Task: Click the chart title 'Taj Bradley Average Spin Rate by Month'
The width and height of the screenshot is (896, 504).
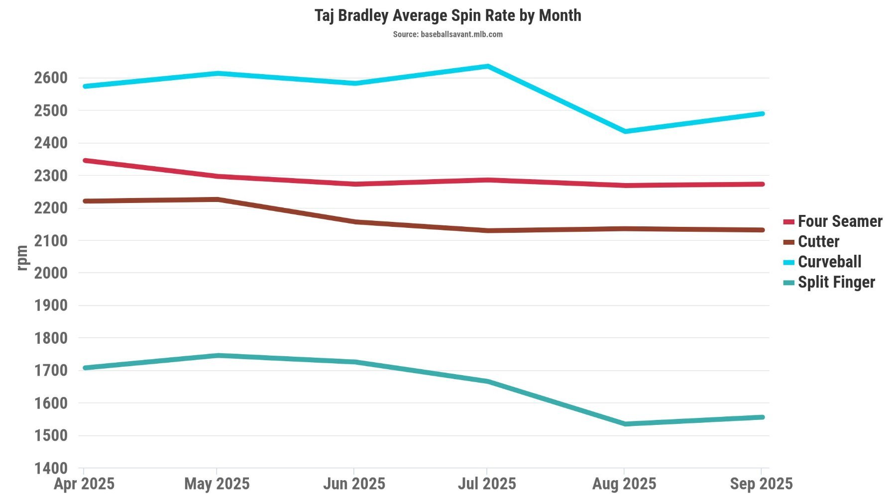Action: click(448, 15)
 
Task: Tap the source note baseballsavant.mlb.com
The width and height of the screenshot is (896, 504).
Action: click(448, 34)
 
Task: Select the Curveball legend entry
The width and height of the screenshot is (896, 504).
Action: click(829, 262)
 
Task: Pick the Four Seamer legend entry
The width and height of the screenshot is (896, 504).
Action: click(839, 221)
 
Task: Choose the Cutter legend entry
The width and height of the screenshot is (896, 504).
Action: click(818, 241)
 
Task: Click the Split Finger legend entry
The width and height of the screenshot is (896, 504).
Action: click(836, 282)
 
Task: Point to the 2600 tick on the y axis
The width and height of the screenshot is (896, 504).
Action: click(50, 78)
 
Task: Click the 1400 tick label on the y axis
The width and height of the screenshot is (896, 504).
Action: click(50, 468)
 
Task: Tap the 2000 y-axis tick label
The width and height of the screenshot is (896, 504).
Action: click(50, 273)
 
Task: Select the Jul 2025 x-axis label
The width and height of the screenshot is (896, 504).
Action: click(487, 484)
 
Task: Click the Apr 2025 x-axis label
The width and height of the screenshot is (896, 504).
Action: click(84, 484)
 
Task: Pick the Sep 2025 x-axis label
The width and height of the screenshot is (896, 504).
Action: click(761, 484)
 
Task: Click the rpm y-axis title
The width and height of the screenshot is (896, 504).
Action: click(22, 258)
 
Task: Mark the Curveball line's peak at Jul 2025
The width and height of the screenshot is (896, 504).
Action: click(488, 66)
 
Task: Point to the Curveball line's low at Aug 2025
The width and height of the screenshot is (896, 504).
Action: click(625, 131)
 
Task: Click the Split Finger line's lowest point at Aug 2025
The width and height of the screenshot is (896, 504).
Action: click(625, 424)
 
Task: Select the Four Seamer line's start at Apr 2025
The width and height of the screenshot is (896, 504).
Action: click(85, 160)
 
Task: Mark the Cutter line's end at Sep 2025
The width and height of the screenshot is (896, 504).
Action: click(762, 230)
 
